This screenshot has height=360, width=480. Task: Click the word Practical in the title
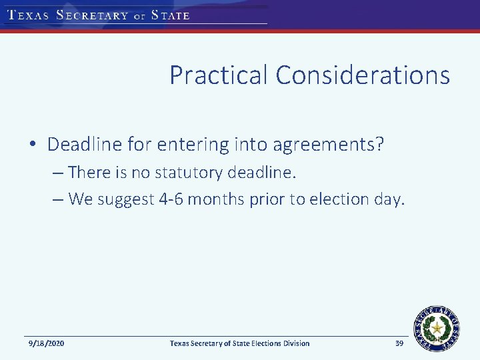click(x=219, y=75)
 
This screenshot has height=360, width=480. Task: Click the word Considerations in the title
click(x=363, y=75)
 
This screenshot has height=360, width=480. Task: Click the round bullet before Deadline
click(x=33, y=145)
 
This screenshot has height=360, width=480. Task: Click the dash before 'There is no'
click(x=57, y=173)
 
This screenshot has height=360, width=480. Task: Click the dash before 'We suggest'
click(x=57, y=200)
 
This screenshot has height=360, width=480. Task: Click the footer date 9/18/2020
click(x=47, y=343)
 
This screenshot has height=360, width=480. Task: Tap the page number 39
click(x=399, y=343)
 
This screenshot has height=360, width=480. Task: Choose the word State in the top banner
click(x=171, y=15)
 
